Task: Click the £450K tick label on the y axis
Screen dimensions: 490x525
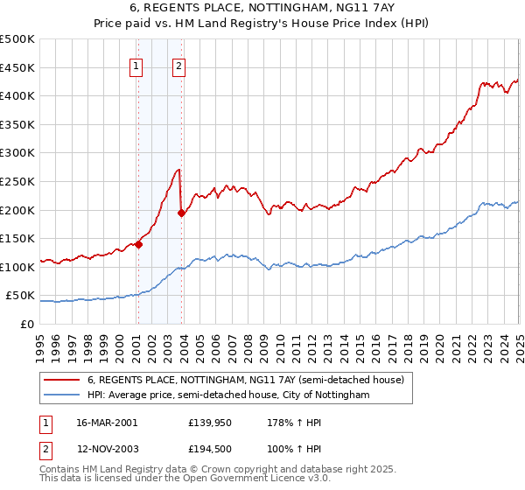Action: point(17,67)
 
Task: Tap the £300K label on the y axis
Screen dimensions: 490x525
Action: point(17,153)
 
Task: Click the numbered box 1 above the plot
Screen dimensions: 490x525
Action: point(136,64)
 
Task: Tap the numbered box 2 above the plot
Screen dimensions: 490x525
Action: point(178,64)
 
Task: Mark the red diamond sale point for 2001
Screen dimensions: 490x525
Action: point(138,245)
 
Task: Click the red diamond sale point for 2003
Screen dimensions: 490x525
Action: point(181,213)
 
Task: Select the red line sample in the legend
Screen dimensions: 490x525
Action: point(62,381)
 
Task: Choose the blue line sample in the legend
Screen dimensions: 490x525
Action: point(62,395)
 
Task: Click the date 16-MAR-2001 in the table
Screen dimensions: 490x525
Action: point(107,422)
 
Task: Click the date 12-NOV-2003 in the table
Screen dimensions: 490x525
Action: point(107,448)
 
